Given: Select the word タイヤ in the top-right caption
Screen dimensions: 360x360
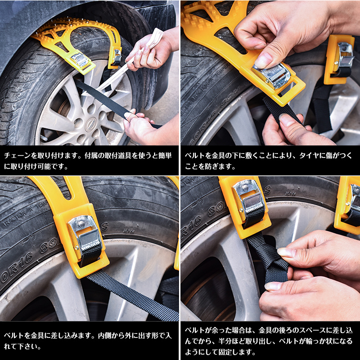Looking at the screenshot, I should coord(302,156).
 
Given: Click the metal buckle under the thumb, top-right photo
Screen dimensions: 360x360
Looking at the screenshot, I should coord(274,76).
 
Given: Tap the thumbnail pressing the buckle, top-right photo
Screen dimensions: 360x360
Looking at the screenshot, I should coord(264,60).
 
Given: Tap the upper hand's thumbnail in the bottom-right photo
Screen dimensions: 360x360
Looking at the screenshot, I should coord(285,252).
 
